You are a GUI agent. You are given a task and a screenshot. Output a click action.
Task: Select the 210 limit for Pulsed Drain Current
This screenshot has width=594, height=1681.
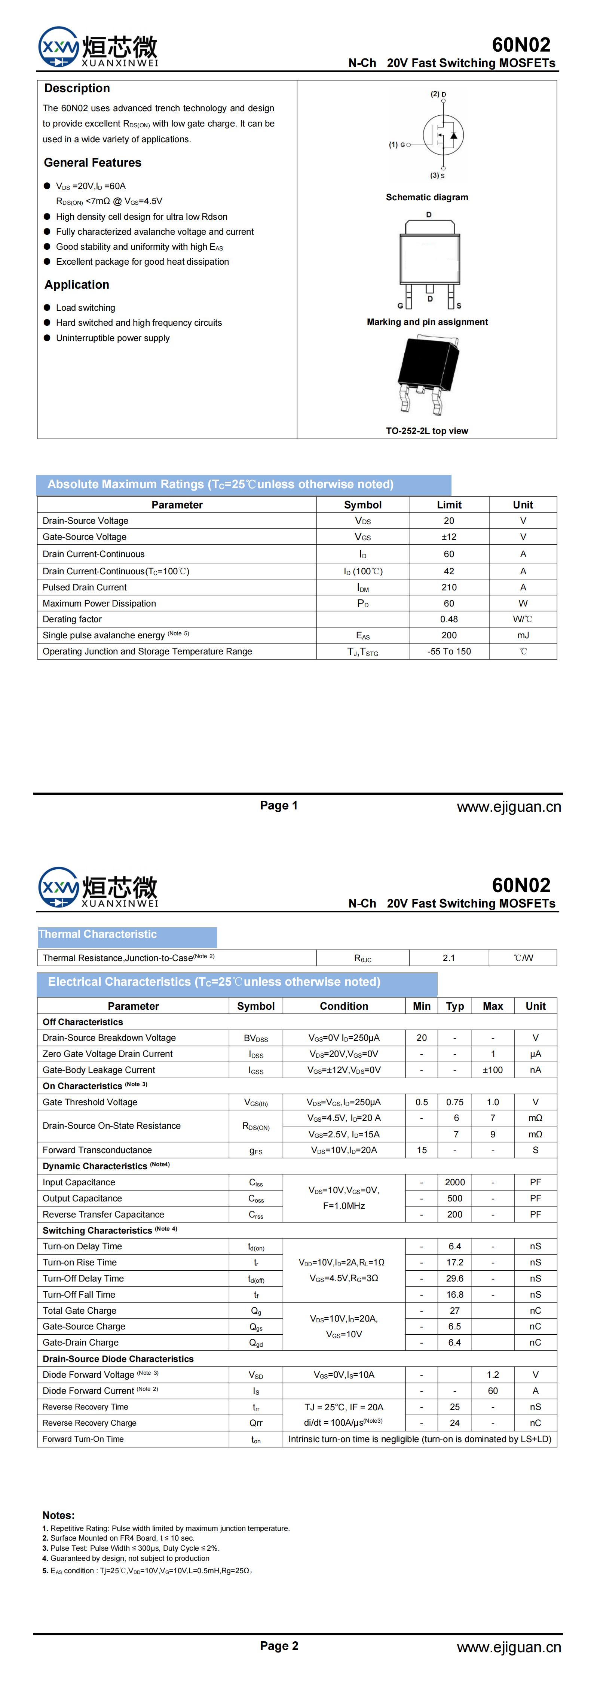click(x=448, y=587)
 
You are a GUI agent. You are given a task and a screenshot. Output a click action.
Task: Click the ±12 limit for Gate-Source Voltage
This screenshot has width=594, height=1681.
click(x=448, y=537)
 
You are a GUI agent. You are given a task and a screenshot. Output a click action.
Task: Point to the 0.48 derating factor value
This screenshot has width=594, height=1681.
click(x=448, y=619)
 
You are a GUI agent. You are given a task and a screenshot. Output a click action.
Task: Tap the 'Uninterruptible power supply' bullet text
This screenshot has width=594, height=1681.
click(x=113, y=338)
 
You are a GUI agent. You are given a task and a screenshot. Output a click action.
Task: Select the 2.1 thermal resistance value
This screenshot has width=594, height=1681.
click(x=448, y=958)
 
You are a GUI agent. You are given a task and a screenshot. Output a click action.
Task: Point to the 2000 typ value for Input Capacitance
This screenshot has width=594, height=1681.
click(x=454, y=1182)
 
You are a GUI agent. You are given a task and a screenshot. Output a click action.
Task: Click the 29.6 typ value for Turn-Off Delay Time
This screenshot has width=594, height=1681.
click(x=454, y=1279)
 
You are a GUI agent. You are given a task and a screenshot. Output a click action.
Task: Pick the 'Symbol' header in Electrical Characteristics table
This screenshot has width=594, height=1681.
click(x=255, y=1006)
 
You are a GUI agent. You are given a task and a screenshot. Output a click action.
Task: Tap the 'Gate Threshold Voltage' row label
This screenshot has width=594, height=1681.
click(x=90, y=1102)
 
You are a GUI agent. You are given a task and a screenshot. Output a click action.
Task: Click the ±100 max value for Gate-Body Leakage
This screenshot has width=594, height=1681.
click(x=492, y=1070)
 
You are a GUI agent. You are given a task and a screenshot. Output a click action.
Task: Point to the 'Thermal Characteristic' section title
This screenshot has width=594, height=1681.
click(x=98, y=934)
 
